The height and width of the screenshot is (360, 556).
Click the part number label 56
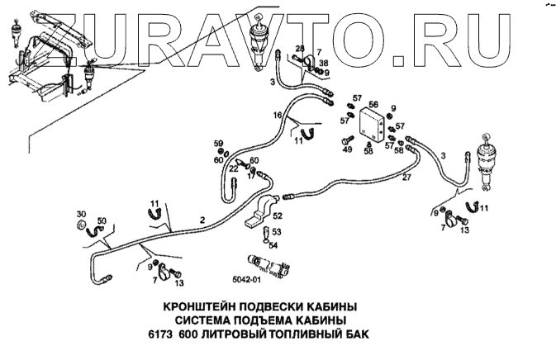pos(373,105)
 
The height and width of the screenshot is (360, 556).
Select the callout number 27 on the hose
pos(406,177)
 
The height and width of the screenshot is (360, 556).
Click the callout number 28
pos(300,49)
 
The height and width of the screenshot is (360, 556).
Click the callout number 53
pos(278,232)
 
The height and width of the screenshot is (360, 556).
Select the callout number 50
pos(102,221)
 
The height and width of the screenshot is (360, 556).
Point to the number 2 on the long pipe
pos(202,220)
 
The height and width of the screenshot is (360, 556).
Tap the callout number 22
pos(234,169)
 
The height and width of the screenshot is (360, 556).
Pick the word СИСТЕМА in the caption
pos(212,320)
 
